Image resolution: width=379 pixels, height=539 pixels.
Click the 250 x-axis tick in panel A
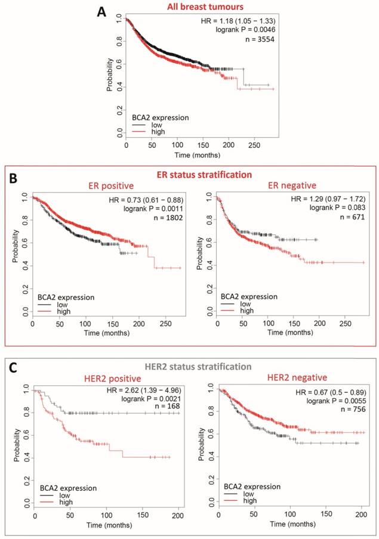[255, 145]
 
